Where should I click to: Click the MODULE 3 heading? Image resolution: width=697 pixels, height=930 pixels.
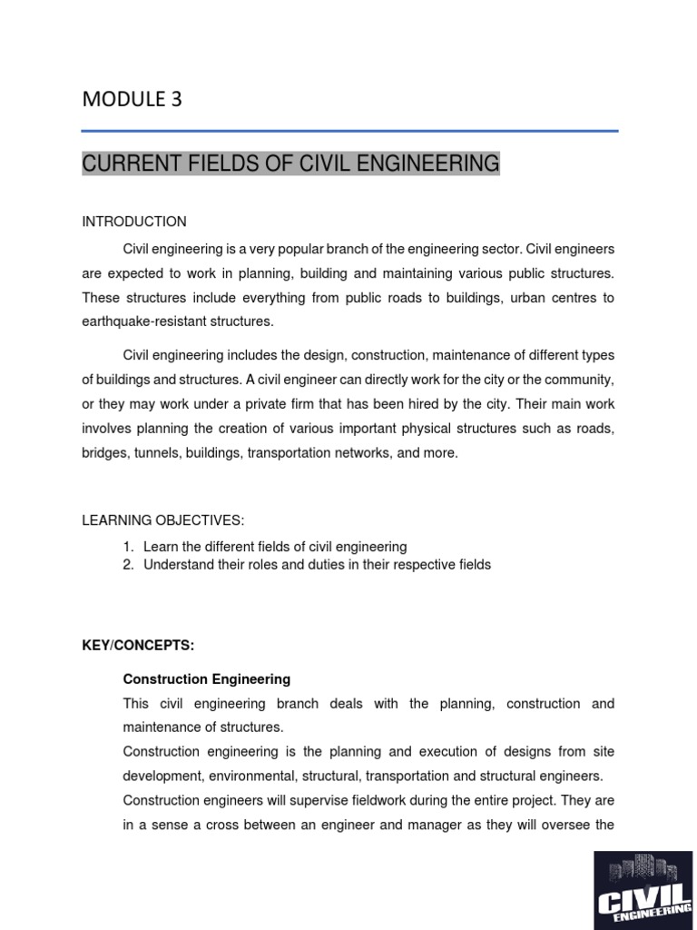tap(132, 100)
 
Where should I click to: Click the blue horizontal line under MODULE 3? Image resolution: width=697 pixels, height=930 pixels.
tap(349, 132)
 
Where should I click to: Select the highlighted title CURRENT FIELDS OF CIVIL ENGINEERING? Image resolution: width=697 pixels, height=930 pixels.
tap(290, 163)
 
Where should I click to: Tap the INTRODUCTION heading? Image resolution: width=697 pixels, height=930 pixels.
tap(134, 222)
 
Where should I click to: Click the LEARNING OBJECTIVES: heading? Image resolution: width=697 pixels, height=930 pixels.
tap(163, 519)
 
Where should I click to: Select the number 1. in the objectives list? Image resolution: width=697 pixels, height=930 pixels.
tap(129, 547)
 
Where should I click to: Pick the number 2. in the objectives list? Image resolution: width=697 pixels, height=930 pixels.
tap(129, 565)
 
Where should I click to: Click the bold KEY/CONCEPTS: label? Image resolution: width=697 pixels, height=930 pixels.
tap(138, 645)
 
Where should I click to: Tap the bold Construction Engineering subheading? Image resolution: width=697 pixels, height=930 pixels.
tap(207, 678)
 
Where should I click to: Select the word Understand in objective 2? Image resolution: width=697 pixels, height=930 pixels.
tap(179, 565)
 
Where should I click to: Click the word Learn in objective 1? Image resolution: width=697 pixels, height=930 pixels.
tap(161, 547)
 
